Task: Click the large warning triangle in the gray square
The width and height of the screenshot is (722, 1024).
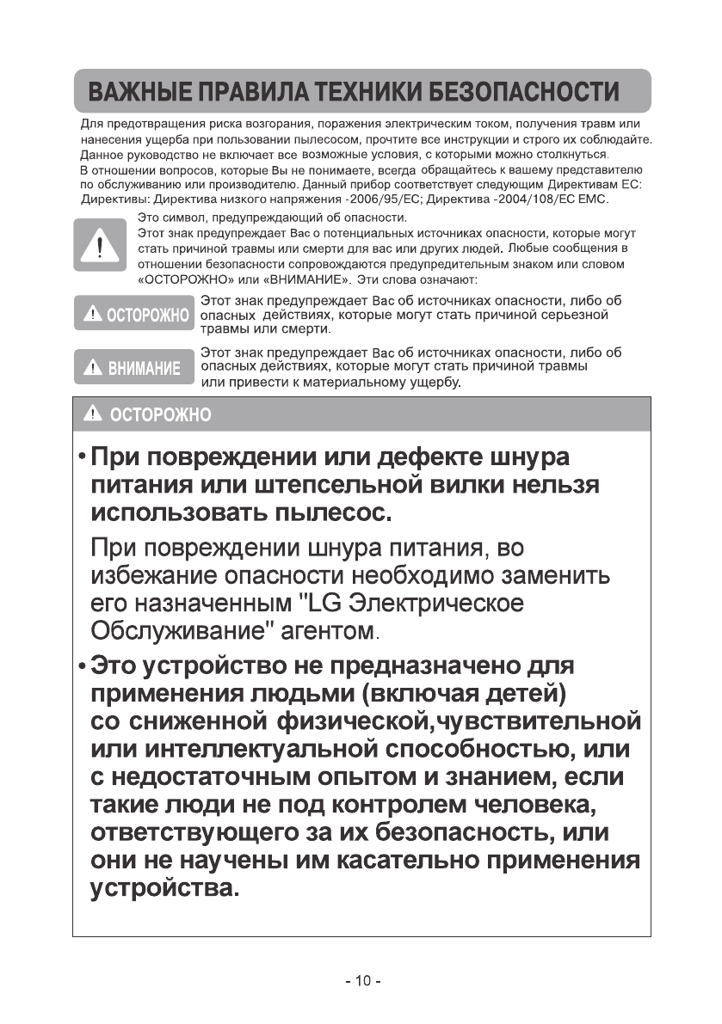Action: [102, 245]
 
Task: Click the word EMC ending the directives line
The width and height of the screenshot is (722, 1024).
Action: [592, 199]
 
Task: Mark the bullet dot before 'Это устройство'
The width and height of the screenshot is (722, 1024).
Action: [80, 665]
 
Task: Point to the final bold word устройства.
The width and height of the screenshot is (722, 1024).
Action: [165, 887]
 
